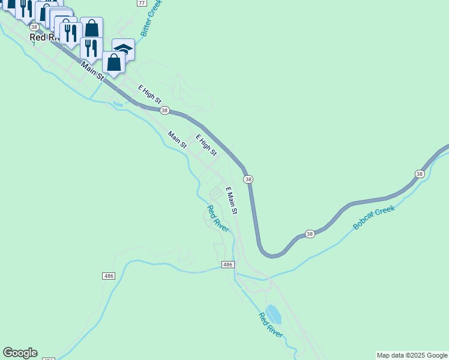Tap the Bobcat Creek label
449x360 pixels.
click(x=373, y=217)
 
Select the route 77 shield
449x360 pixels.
click(x=141, y=3)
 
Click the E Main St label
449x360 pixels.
click(x=231, y=200)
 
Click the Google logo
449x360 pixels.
click(x=20, y=353)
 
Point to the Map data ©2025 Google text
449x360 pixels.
click(x=412, y=355)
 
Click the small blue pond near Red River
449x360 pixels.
click(x=274, y=314)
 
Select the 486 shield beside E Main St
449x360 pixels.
click(x=228, y=265)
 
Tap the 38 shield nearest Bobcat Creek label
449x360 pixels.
click(x=310, y=233)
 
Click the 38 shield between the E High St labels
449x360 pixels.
click(x=164, y=111)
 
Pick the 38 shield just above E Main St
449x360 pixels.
click(x=248, y=179)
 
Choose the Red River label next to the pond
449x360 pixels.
click(x=271, y=325)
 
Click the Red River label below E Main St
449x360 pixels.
click(x=218, y=218)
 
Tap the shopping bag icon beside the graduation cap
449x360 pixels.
click(x=113, y=62)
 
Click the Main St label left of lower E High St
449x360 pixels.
click(x=178, y=140)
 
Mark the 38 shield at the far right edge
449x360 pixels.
click(x=420, y=173)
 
